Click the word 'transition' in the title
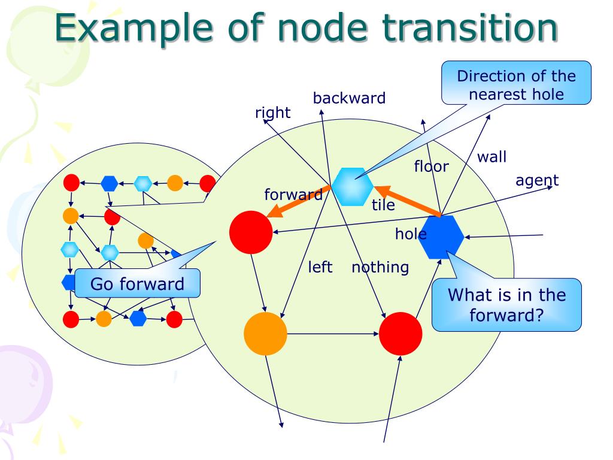[469, 28]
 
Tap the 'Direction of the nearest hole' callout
[516, 83]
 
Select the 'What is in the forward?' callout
[506, 305]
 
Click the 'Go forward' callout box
[137, 283]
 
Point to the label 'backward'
[349, 98]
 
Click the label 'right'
[272, 113]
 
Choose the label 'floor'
[431, 167]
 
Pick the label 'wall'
[492, 157]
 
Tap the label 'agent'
[537, 181]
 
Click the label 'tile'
[383, 205]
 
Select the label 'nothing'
[380, 268]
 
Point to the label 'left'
[320, 267]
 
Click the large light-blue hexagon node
[352, 187]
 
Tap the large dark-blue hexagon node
[441, 237]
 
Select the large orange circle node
[265, 334]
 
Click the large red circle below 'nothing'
[400, 334]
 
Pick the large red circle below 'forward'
[251, 232]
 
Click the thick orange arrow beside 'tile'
[408, 201]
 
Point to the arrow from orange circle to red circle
[333, 334]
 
